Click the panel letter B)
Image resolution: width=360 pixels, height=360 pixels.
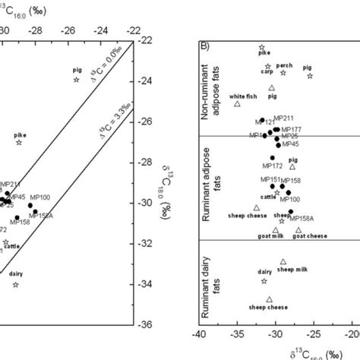(205, 43)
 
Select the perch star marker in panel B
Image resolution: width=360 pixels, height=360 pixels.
(283, 73)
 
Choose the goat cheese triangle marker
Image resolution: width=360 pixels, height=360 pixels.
(298, 230)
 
